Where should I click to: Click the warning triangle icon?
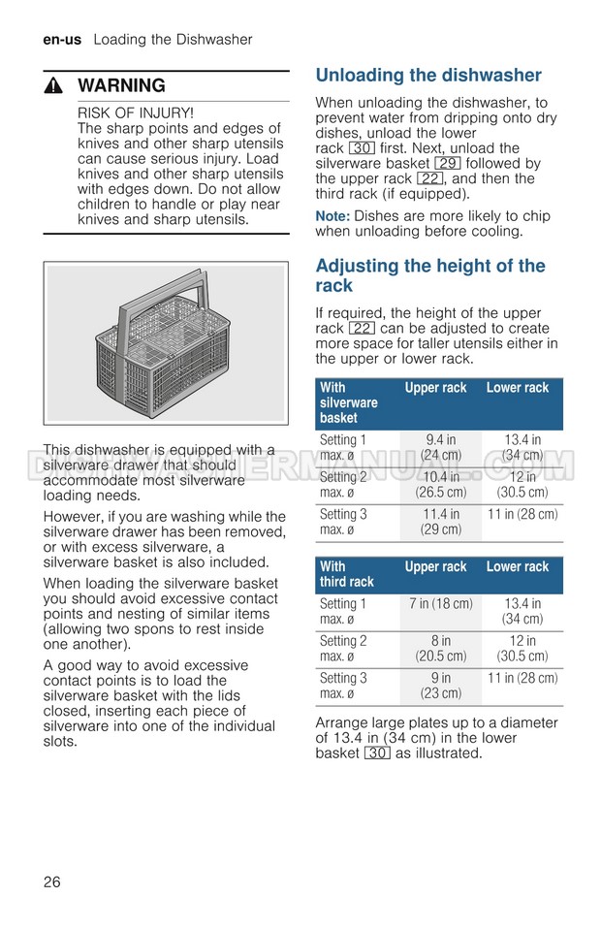(x=54, y=85)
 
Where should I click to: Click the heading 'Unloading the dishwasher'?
(x=428, y=76)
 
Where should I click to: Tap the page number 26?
(x=52, y=881)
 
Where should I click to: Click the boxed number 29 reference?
(x=447, y=164)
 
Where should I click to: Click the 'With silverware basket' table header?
(x=348, y=402)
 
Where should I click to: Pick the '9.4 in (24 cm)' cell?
(x=441, y=447)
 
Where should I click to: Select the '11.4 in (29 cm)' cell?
(x=441, y=522)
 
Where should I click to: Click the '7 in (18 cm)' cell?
(x=441, y=604)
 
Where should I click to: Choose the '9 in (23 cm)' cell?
(x=441, y=686)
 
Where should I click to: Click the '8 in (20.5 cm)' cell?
(x=441, y=648)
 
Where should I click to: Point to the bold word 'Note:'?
(x=332, y=216)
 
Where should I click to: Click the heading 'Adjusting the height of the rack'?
(x=430, y=275)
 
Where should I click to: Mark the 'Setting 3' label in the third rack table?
(x=343, y=678)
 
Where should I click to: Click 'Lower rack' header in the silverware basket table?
(x=518, y=388)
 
